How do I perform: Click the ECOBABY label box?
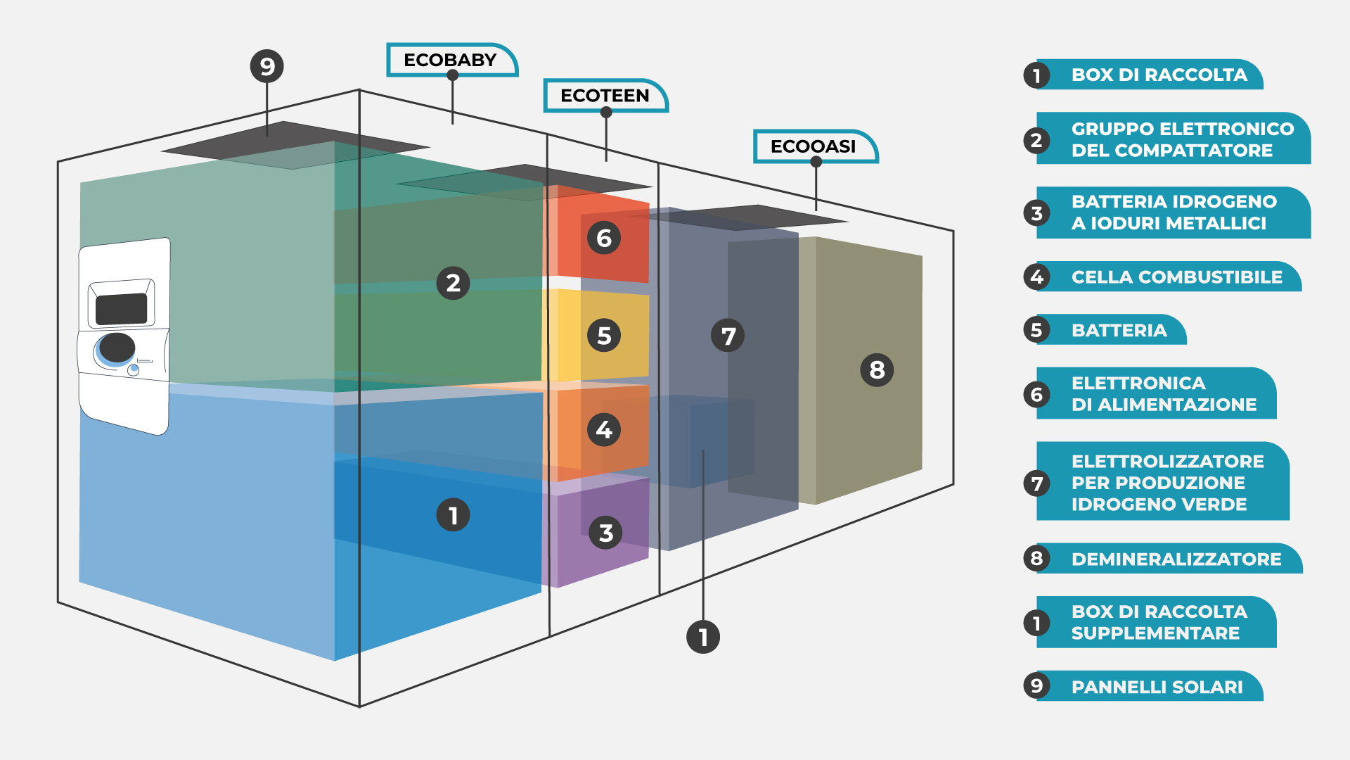(x=450, y=60)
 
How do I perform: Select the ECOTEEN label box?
(x=605, y=96)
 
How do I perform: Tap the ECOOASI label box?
(x=814, y=146)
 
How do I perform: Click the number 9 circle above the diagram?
(x=267, y=67)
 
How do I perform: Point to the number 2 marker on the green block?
(x=453, y=283)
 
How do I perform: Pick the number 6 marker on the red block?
(x=604, y=239)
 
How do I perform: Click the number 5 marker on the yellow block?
(x=604, y=336)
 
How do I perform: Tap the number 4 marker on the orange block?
(x=604, y=429)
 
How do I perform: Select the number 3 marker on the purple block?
(x=605, y=533)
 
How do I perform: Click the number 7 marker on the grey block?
(x=728, y=336)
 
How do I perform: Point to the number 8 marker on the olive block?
(x=877, y=369)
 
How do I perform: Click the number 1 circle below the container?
(x=703, y=637)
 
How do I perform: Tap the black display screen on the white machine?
(x=121, y=309)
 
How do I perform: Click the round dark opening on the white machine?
(x=117, y=348)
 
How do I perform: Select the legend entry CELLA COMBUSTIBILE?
(x=1176, y=277)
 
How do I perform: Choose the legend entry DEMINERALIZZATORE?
(x=1176, y=559)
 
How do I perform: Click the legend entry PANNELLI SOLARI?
(x=1157, y=687)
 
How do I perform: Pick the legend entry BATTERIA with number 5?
(x=1119, y=331)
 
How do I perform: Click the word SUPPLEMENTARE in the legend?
(x=1155, y=633)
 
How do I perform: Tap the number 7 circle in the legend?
(x=1036, y=483)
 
